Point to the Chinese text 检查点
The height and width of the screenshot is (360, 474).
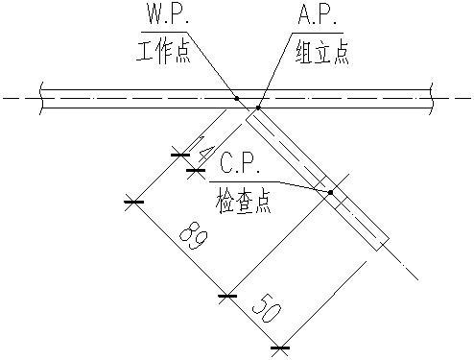click(x=245, y=197)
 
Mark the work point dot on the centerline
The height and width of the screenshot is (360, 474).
click(x=236, y=97)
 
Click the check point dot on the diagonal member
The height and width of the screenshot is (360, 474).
click(x=330, y=192)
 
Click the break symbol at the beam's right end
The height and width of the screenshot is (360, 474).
click(x=436, y=97)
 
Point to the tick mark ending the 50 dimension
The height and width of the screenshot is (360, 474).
click(x=279, y=348)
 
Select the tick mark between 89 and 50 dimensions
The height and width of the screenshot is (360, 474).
click(x=226, y=296)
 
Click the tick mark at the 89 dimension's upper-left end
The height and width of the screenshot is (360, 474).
click(x=133, y=202)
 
